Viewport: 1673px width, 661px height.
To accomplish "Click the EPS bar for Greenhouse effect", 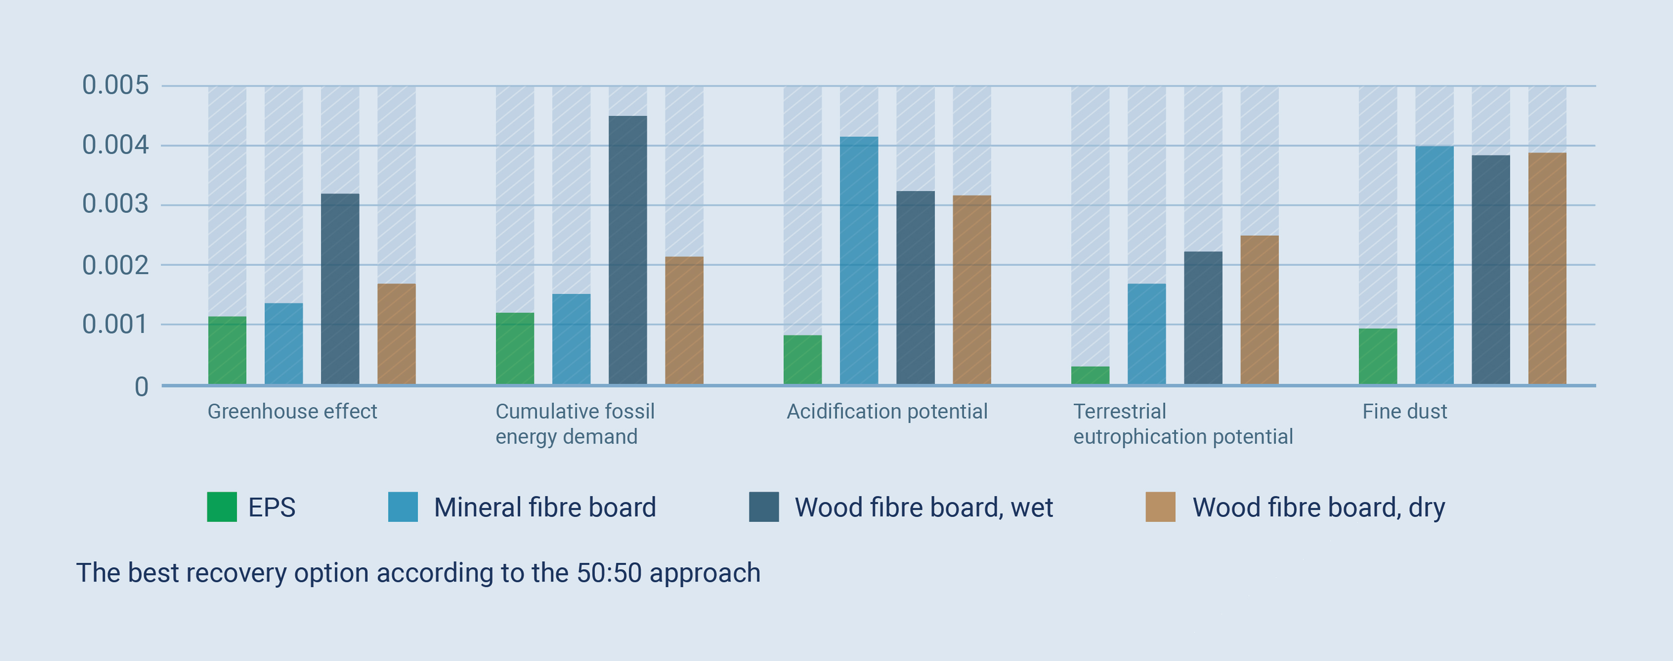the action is [x=227, y=351].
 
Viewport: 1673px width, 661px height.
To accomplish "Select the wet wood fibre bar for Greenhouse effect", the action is [x=340, y=289].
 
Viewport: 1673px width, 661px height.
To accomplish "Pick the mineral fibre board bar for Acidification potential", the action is [x=859, y=261].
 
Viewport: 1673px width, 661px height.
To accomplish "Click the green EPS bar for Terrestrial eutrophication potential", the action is [x=1091, y=375].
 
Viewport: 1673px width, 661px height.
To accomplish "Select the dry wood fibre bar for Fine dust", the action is [x=1547, y=269].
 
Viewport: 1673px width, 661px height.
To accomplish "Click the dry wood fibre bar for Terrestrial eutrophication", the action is [x=1260, y=310].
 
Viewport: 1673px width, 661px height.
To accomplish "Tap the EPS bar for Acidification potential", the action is [x=803, y=360].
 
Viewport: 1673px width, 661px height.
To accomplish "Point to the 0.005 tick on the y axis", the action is [x=116, y=85].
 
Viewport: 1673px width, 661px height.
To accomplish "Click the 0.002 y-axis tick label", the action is [x=116, y=265].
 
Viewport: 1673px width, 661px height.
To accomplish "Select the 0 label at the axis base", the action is [x=141, y=387].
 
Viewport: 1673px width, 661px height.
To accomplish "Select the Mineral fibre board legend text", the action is [x=545, y=507].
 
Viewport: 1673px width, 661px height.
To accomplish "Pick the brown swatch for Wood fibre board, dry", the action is [x=1160, y=507].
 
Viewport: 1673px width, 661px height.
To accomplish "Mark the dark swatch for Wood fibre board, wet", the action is [x=764, y=507].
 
